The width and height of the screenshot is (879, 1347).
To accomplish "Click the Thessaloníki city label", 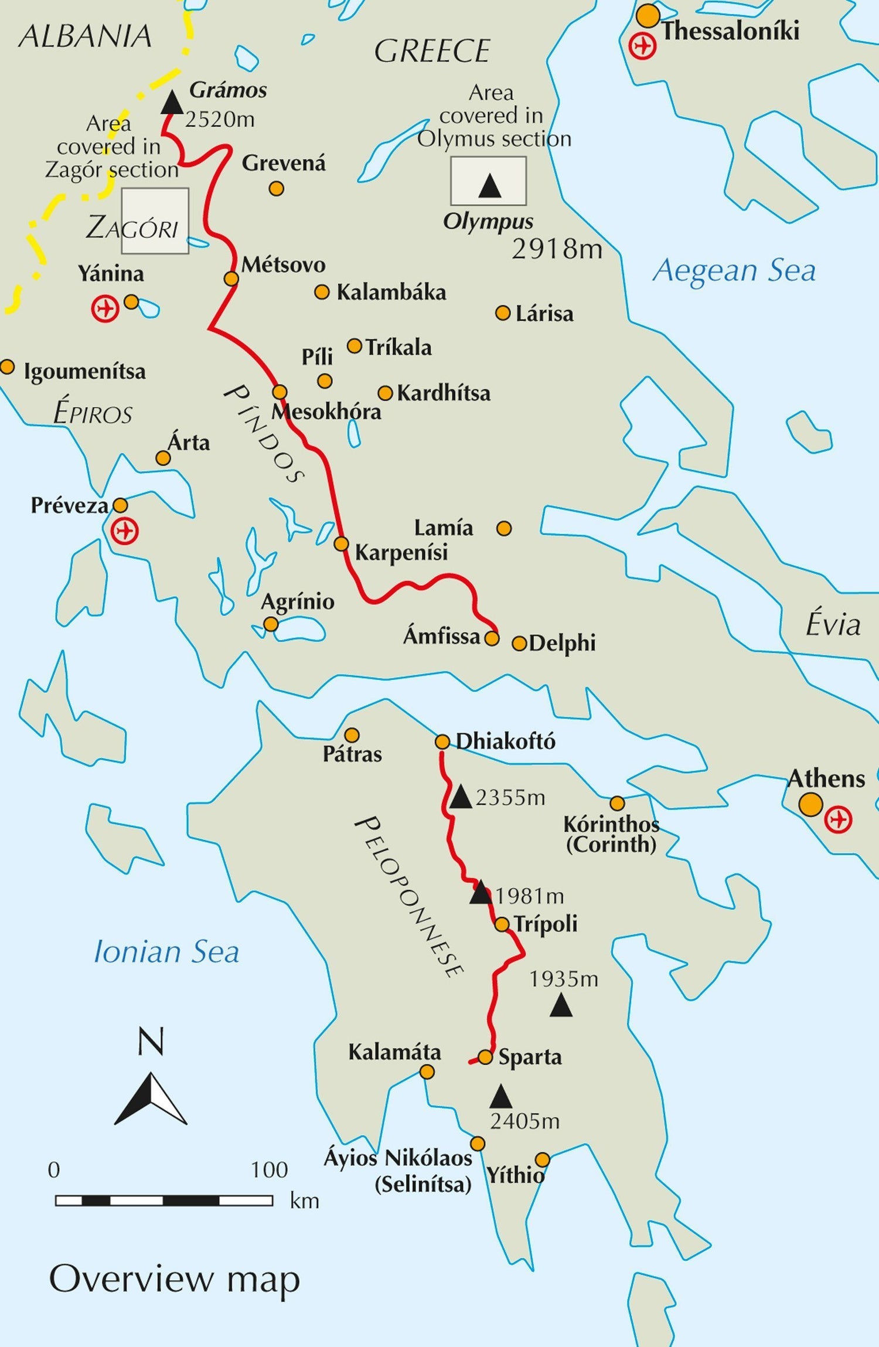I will (730, 30).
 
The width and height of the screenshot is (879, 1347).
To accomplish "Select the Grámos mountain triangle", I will (172, 103).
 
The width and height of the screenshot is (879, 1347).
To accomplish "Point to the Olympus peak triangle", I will (489, 186).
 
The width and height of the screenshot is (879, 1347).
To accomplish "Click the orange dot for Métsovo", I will (231, 278).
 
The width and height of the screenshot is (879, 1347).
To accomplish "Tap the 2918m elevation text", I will (557, 250).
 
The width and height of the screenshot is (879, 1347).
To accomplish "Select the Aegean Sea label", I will (734, 271).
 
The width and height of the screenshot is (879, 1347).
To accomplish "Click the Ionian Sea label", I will (166, 952).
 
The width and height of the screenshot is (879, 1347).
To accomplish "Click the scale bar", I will (164, 1201).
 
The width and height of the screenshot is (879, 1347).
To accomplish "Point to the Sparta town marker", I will (485, 1057).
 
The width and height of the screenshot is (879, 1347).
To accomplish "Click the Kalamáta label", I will (394, 1052).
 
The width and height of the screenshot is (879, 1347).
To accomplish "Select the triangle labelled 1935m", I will (561, 1005).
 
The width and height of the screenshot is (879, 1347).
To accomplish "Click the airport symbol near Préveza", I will (124, 531).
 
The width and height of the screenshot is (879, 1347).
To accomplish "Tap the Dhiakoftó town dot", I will (442, 742).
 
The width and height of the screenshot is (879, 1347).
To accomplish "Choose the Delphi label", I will (562, 644).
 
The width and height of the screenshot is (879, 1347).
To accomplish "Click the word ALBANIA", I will (86, 36).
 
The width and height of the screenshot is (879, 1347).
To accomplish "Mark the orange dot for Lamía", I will (504, 529).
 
